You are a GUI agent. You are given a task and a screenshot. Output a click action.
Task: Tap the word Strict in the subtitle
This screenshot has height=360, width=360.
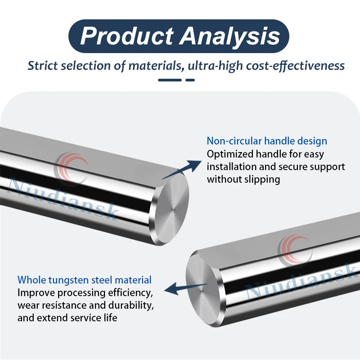[42, 66]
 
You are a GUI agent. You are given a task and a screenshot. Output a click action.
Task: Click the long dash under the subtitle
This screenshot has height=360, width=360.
[170, 80]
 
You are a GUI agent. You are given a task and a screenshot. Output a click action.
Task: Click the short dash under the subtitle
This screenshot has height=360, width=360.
[190, 80]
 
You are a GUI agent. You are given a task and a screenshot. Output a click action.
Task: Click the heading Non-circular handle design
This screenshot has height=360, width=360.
[267, 141]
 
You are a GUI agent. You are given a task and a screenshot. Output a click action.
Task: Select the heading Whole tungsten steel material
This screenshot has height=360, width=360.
[85, 280]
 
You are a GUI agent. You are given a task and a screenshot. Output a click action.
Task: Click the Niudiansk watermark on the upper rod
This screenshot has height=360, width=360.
[63, 198]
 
